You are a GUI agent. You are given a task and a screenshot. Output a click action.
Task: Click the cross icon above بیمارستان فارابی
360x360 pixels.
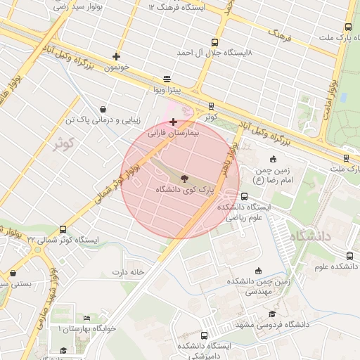[174, 122]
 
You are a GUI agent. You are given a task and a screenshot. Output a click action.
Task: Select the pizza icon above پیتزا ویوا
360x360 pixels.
[167, 79]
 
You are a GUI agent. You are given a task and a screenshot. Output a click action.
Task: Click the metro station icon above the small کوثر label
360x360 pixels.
[211, 106]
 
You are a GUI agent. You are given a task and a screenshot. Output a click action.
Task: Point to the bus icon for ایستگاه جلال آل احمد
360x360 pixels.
[214, 41]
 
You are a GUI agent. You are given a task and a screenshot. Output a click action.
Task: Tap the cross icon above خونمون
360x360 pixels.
[116, 56]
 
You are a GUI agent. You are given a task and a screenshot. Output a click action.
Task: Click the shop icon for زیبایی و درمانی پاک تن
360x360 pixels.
[104, 110]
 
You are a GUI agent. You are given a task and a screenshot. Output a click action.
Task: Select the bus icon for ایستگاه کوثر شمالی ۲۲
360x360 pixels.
[63, 229]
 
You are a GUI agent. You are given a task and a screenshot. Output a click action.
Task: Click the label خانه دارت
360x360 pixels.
[127, 271]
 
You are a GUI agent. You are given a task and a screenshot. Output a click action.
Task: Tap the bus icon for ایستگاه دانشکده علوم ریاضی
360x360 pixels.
[244, 197]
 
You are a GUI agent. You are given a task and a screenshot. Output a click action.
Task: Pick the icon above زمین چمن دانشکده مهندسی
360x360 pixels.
[258, 271]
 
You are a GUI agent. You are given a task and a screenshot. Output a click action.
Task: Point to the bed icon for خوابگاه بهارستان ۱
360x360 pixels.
[87, 319]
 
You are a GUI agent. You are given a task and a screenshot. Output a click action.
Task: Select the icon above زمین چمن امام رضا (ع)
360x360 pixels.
[274, 160]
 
